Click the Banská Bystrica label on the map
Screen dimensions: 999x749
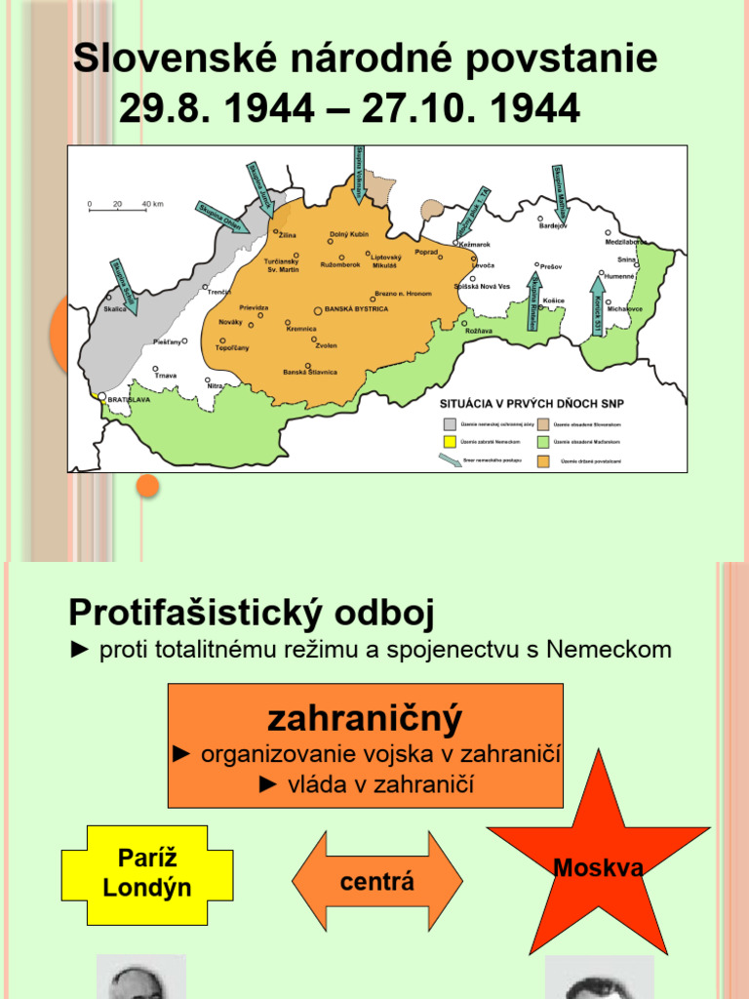[x=356, y=309]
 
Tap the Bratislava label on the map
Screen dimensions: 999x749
[x=128, y=399]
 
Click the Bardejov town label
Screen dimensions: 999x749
[x=552, y=226]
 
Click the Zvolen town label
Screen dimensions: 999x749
[x=326, y=345]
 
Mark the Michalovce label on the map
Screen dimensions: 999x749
[x=624, y=308]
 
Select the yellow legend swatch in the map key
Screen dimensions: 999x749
[x=450, y=441]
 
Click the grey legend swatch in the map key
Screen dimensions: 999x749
[x=450, y=424]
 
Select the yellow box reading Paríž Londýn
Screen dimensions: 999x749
[x=147, y=874]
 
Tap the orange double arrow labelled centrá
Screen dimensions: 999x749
[x=377, y=882]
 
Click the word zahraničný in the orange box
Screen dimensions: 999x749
[x=365, y=719]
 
